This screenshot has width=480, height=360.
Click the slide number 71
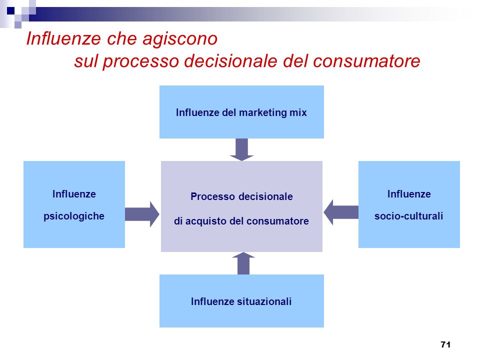click(x=445, y=344)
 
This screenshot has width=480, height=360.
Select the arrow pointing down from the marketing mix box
click(x=242, y=149)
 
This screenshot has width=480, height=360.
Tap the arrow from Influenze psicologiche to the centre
click(x=142, y=214)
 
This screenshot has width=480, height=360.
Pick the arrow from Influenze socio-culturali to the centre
click(x=341, y=212)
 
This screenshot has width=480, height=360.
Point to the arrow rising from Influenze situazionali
click(x=243, y=263)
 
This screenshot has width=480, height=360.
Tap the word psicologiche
click(x=74, y=216)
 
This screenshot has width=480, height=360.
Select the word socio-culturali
click(x=408, y=216)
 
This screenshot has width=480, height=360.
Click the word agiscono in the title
click(x=180, y=39)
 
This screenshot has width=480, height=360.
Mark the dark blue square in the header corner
click(x=10, y=11)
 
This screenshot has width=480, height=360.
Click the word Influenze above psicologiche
click(x=74, y=194)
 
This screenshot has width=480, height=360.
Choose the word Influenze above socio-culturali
click(x=409, y=194)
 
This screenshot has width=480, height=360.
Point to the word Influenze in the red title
click(x=63, y=38)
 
